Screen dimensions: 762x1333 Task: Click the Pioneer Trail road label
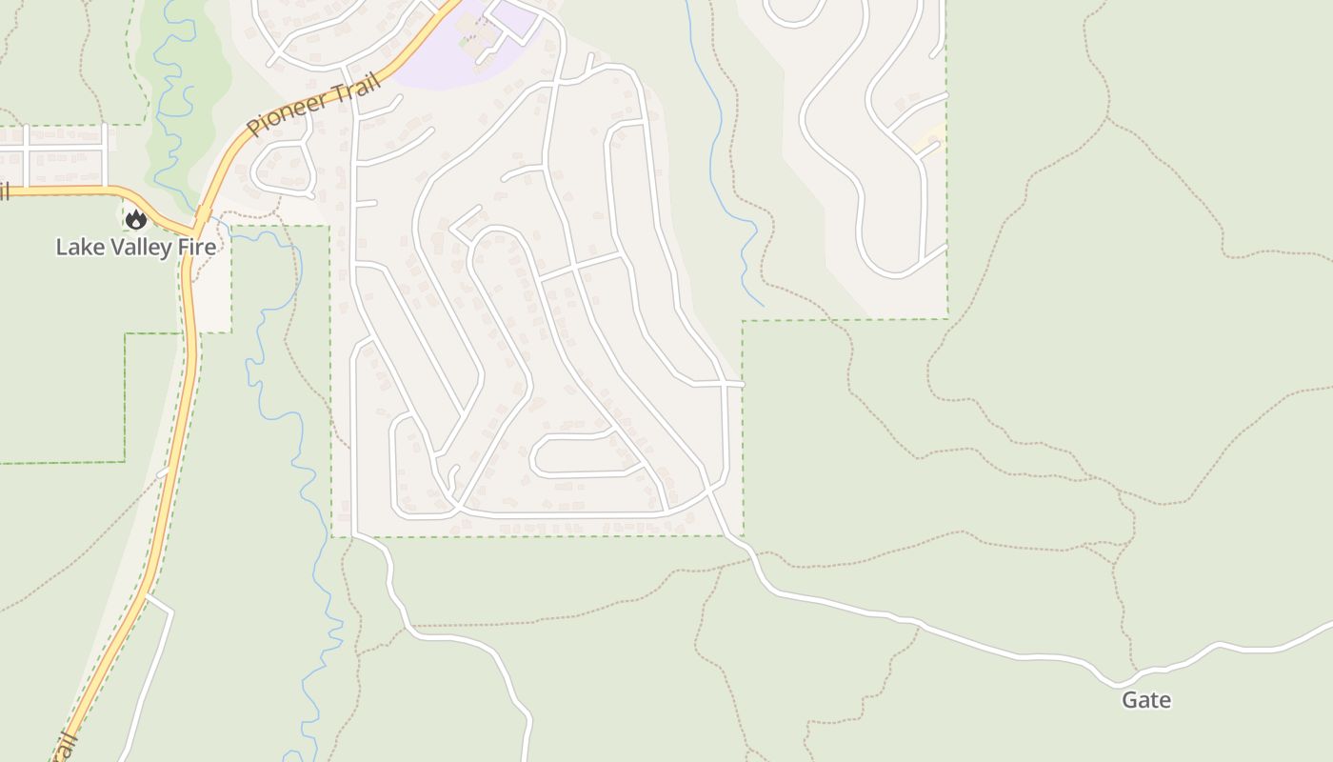click(314, 105)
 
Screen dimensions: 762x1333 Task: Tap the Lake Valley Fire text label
click(135, 248)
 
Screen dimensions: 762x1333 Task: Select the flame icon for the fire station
click(136, 220)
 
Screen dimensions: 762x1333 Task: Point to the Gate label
click(1145, 700)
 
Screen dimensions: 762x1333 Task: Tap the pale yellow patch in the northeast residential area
click(928, 138)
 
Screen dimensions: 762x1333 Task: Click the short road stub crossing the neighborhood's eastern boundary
click(733, 384)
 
